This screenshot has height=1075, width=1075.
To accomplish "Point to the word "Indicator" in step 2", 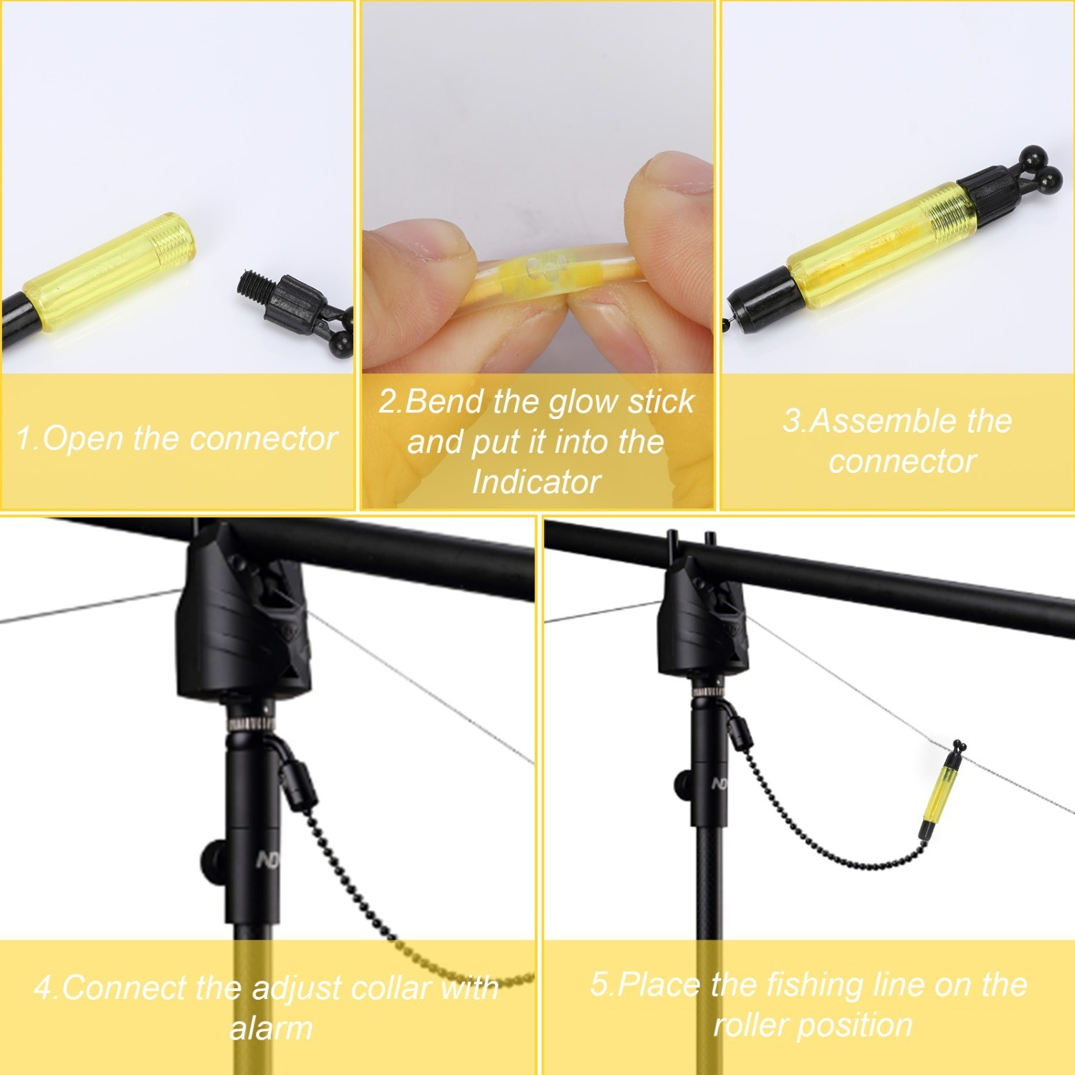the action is pyautogui.click(x=536, y=482).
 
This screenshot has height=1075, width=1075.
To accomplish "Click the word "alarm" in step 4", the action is pyautogui.click(x=271, y=1028).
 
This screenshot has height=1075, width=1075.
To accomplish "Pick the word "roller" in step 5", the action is pyautogui.click(x=758, y=1025).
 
